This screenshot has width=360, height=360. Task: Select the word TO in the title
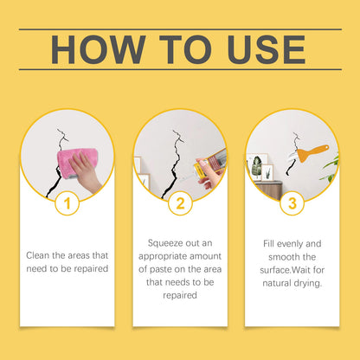(185, 49)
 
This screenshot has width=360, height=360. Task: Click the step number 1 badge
(67, 203)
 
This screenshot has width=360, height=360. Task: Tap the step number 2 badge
(180, 203)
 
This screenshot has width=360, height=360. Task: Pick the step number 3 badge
(292, 203)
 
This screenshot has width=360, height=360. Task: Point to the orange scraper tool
(312, 153)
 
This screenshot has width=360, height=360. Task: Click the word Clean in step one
(38, 255)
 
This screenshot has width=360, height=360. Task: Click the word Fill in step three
(268, 243)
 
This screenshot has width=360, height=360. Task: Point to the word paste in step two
(160, 269)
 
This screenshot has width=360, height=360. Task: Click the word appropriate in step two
(163, 257)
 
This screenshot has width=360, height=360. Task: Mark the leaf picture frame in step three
(255, 167)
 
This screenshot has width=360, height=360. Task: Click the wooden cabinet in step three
(269, 190)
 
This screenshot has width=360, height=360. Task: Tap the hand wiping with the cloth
(86, 172)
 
